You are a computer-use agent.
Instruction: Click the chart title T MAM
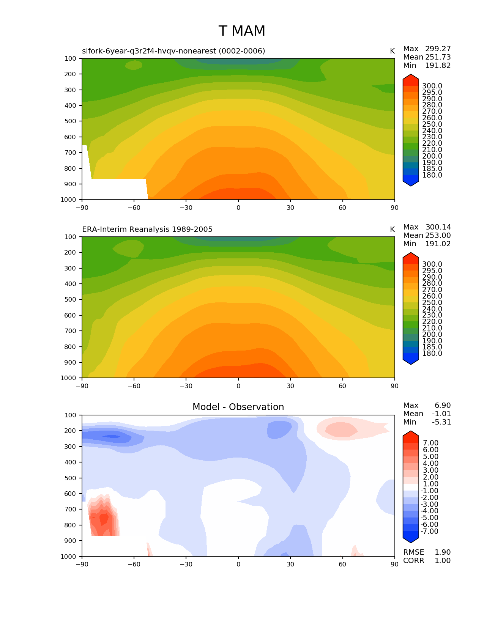point(242,31)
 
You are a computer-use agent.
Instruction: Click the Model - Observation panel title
point(238,407)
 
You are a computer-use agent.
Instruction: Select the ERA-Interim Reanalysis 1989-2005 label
point(147,230)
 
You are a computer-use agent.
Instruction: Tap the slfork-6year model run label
point(173,51)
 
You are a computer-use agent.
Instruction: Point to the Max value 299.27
point(438,49)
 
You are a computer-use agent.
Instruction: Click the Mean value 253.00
point(438,236)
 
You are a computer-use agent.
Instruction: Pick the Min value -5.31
point(441,422)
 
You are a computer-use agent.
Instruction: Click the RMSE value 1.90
point(442,552)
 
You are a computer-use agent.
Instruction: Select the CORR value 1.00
point(442,561)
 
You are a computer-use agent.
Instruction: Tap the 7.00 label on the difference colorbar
point(430,443)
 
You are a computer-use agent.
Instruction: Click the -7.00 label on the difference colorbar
point(429,532)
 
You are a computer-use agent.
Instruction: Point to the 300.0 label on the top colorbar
point(432,86)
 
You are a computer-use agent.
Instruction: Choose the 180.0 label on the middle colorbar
point(432,354)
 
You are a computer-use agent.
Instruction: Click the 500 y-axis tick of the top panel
point(71,121)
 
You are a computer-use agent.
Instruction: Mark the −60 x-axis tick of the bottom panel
point(134,565)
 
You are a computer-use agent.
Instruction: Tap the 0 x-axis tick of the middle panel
point(238,386)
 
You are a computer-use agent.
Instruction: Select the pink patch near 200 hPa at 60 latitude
point(341,429)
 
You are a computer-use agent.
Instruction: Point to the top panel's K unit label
point(392,51)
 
